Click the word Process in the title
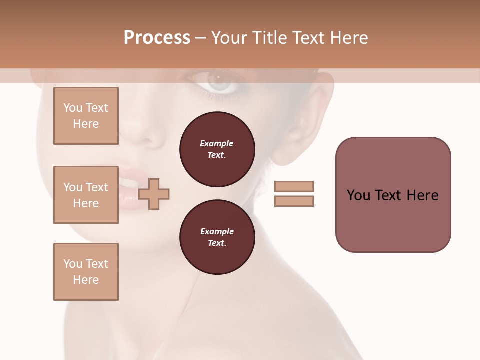(x=157, y=38)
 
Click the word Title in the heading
(x=269, y=38)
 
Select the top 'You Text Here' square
(x=86, y=116)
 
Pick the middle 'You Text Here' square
(x=86, y=195)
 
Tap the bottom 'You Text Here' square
(x=86, y=272)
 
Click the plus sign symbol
(x=154, y=194)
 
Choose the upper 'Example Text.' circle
(x=217, y=149)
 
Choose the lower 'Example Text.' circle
(x=217, y=237)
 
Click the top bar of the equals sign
(x=294, y=187)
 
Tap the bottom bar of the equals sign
(x=294, y=201)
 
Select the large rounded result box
(x=393, y=195)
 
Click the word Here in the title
(x=349, y=38)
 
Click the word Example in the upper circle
(x=217, y=143)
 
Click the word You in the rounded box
(x=358, y=195)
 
